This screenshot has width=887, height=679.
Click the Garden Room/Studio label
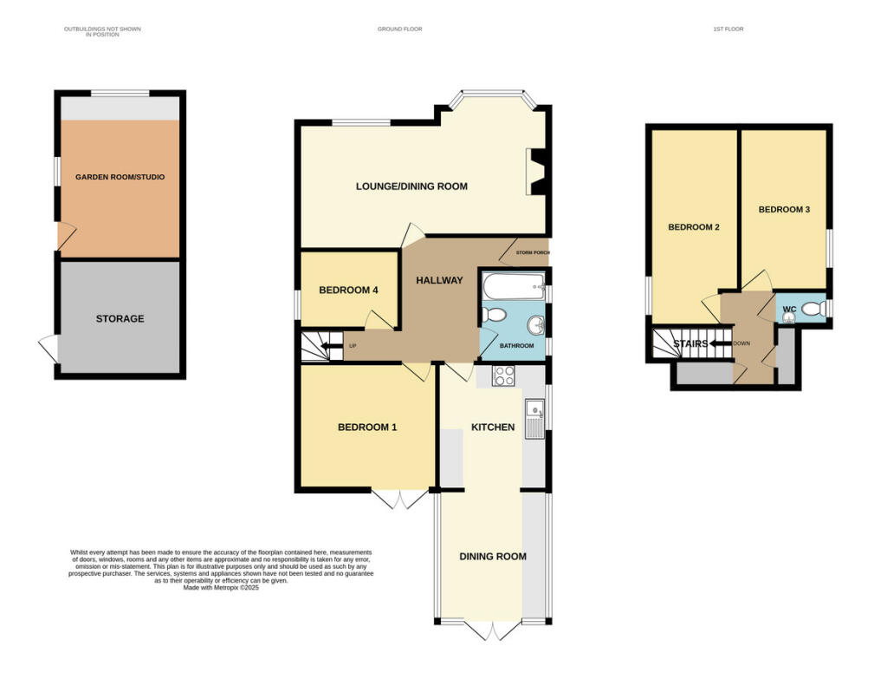coord(120,177)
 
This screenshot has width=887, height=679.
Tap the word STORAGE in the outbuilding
coord(120,319)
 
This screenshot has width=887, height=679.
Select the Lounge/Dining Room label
coord(411,186)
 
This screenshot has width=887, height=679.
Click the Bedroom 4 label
coord(348,291)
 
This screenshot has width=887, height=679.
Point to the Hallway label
coord(439,280)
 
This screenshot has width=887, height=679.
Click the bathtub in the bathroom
coord(513,287)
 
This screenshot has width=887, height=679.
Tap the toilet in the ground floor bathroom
coord(493,314)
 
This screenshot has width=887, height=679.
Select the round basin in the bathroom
coord(535,326)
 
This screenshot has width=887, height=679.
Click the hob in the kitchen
coord(503,376)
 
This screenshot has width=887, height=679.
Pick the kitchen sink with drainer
coord(534,419)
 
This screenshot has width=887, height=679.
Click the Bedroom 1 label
coord(367,428)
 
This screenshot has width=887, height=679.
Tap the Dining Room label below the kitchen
coord(493,557)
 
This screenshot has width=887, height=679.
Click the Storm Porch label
coord(533,252)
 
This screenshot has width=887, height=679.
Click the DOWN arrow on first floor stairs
coord(721,343)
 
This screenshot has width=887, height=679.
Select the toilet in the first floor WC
coord(813,309)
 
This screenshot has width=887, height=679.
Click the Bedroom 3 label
coord(784,210)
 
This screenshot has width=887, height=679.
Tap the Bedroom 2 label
coord(694,227)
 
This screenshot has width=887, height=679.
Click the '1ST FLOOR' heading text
coord(728,29)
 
